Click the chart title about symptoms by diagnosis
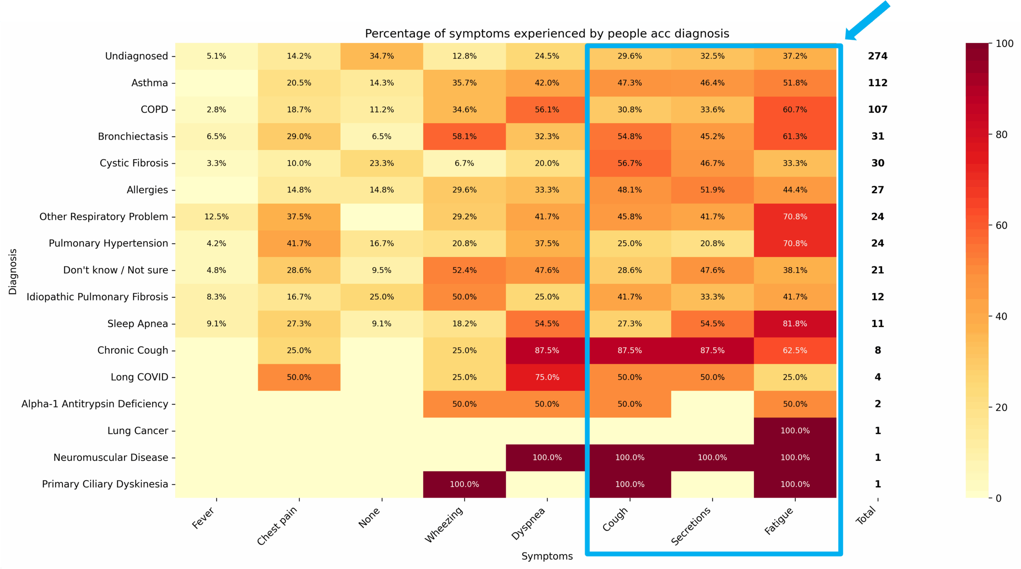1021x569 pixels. click(547, 33)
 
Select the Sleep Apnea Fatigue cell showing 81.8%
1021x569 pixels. click(794, 324)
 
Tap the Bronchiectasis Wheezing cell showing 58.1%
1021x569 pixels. click(464, 136)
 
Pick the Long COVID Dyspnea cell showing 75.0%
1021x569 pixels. click(547, 377)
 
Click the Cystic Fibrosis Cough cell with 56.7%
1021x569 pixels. click(629, 163)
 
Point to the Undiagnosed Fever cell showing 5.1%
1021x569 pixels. click(216, 56)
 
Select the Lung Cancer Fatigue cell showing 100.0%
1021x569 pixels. click(794, 431)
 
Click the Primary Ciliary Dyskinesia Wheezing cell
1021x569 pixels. click(464, 484)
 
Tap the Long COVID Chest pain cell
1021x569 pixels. click(299, 377)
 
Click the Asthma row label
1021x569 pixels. click(150, 83)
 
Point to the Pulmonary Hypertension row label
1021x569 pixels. click(108, 243)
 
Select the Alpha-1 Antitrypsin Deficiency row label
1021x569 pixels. click(95, 404)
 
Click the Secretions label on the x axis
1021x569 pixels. click(691, 526)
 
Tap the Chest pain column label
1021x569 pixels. click(277, 526)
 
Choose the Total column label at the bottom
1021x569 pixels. click(866, 515)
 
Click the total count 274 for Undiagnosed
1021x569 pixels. click(877, 56)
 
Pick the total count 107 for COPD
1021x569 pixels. click(877, 110)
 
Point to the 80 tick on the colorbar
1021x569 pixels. click(1001, 135)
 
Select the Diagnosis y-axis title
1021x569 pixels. click(13, 272)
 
